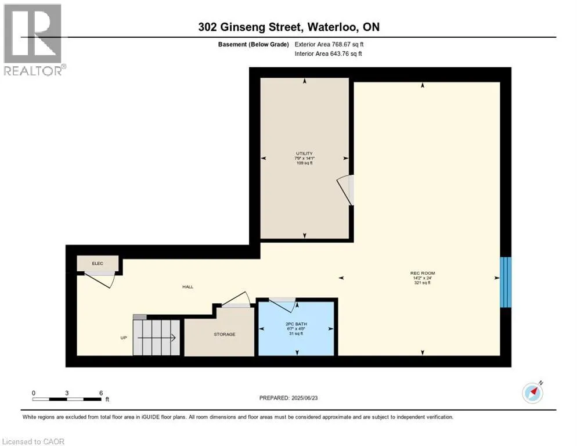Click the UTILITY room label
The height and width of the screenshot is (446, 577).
point(304,153)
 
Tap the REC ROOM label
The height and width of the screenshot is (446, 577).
point(423,273)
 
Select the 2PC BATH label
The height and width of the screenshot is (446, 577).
point(296,323)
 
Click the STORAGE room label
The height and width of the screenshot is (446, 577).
point(225,334)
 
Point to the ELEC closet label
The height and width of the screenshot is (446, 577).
point(98,263)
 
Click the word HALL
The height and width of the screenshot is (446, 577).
point(187,286)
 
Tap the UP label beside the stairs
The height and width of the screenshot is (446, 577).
point(124,337)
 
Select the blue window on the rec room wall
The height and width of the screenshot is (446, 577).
point(505,282)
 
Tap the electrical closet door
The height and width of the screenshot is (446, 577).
point(99,280)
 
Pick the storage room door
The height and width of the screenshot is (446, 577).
point(236,299)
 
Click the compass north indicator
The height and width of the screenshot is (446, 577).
point(532,393)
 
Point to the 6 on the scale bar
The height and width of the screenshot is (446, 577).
point(101,393)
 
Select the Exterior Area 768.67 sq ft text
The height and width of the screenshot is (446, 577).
point(329,44)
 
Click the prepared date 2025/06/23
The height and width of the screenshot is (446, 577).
point(304,398)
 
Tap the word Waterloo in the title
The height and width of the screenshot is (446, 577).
point(331,27)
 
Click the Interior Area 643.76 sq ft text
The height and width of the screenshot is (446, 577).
point(328,53)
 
